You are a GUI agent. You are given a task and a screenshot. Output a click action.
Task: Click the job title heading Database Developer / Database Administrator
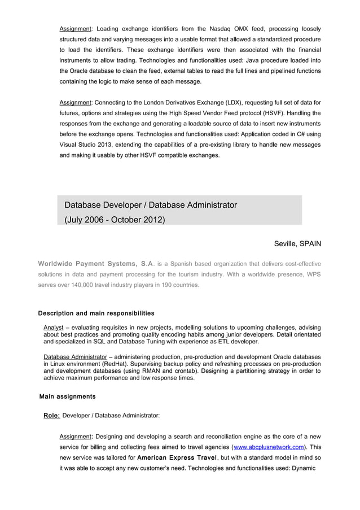click(x=151, y=204)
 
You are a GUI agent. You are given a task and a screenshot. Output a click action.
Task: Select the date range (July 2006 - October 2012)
click(x=115, y=219)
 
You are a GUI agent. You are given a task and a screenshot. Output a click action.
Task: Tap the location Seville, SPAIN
click(x=297, y=243)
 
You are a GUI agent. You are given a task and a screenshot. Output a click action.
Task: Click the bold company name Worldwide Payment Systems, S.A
click(x=95, y=264)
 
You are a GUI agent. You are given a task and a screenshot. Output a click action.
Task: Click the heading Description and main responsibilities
click(x=96, y=313)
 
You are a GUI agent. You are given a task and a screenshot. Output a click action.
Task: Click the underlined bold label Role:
click(x=52, y=416)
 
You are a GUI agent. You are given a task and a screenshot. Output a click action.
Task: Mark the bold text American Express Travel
click(x=177, y=458)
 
